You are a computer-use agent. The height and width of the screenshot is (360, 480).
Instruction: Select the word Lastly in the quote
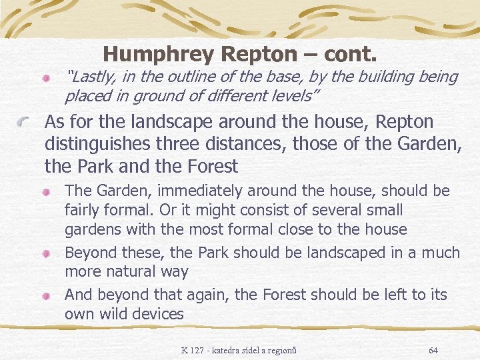coord(91,77)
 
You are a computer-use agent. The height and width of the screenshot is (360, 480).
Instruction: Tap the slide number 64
coord(433,350)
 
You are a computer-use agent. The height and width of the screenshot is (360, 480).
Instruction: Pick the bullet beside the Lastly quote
coord(46,79)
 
